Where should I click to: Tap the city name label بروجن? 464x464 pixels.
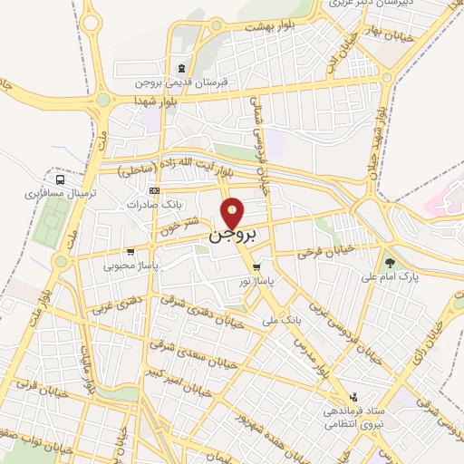click(234, 236)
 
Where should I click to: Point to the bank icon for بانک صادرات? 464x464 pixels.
click(154, 191)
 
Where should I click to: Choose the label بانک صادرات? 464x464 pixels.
click(150, 205)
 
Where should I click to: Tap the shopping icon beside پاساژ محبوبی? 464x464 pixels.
click(131, 252)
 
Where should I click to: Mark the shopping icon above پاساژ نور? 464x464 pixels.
click(258, 267)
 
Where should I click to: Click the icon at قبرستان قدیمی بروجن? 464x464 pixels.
click(182, 69)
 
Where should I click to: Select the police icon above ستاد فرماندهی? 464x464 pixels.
click(354, 397)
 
